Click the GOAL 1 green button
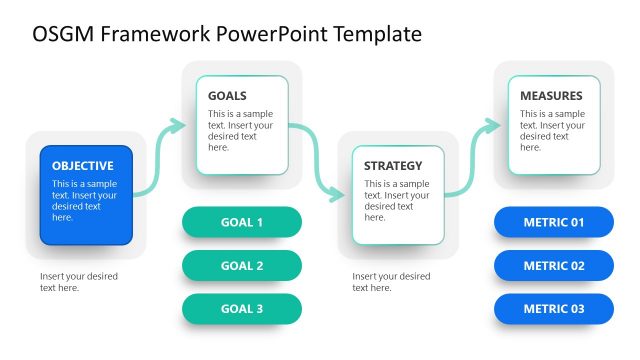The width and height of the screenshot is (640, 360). [x=241, y=222]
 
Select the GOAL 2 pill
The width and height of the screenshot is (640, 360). [x=241, y=266]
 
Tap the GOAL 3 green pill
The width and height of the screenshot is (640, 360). [x=241, y=309]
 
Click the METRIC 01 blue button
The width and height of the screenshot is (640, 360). [x=553, y=222]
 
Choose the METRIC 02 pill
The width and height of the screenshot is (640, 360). [x=553, y=266]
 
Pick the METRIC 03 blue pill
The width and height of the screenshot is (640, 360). [x=553, y=309]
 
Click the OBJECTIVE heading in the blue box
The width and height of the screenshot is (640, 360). [x=83, y=166]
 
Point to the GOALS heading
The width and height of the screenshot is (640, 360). [x=228, y=96]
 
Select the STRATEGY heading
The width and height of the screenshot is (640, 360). [x=393, y=166]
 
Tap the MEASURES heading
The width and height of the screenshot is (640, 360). [x=551, y=96]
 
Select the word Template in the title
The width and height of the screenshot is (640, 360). [x=375, y=34]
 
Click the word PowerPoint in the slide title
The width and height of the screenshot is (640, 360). [x=266, y=34]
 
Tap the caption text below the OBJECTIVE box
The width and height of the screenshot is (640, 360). [x=79, y=282]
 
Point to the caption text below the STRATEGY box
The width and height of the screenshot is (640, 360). [x=391, y=282]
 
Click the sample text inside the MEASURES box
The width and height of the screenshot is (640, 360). [x=551, y=131]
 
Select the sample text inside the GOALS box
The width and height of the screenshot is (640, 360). [x=240, y=131]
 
